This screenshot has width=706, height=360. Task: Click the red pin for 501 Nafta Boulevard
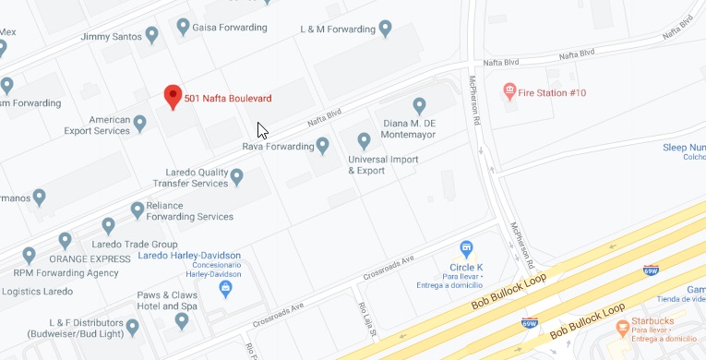coord(172,96)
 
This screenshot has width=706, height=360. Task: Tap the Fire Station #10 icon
coord(509,92)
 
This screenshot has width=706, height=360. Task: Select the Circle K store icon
coord(467,249)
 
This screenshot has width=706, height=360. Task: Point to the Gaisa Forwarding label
coord(228,29)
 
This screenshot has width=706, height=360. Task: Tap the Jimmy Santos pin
coord(152,35)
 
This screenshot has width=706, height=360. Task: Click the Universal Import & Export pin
coord(364,140)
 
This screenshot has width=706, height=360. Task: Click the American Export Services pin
coord(140,122)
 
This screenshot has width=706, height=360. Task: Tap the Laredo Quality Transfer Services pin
coord(237,175)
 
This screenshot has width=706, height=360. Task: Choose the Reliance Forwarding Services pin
coord(138,210)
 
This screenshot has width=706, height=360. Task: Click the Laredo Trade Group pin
coord(108,225)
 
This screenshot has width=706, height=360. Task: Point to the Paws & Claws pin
coord(182,320)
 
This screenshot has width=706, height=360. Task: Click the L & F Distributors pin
coord(133,326)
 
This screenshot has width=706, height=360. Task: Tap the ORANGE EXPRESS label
coord(77,259)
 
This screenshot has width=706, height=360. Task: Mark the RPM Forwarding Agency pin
coord(29,255)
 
